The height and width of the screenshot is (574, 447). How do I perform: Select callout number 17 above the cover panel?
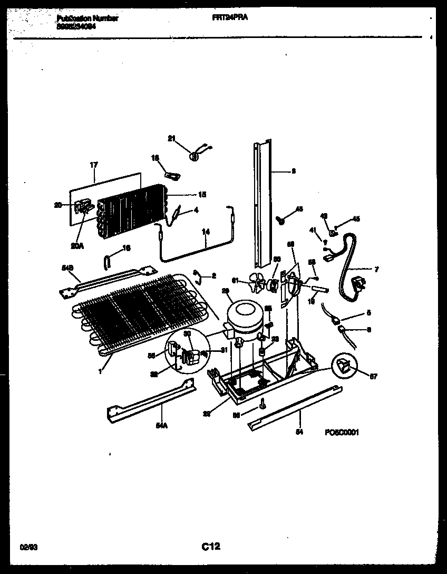pyautogui.click(x=94, y=165)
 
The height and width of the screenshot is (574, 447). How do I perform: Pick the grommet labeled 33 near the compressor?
pyautogui.click(x=261, y=351)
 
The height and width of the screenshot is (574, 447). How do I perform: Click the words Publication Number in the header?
pyautogui.click(x=87, y=18)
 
